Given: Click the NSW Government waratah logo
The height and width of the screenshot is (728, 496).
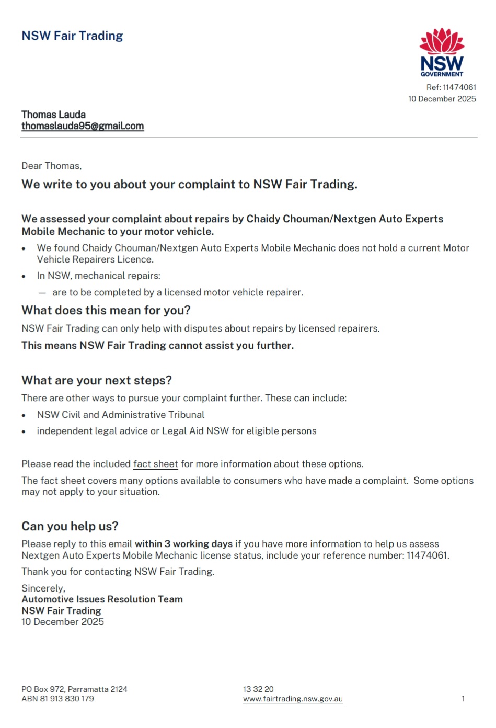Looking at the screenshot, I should pos(442,52).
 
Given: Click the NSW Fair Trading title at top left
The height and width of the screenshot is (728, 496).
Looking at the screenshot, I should pos(72,36).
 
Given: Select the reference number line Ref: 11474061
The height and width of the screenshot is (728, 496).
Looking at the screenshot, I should pos(451,87).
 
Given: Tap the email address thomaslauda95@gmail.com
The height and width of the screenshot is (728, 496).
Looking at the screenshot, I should pos(83,126).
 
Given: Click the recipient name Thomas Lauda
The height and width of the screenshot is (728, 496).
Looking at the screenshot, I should pos(53,115).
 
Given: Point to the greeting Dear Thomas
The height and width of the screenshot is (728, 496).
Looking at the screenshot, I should pos(51,166).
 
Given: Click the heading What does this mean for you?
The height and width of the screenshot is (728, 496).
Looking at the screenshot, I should pos(106,310).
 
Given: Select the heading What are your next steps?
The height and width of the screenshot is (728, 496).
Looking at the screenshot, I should pos(97,380).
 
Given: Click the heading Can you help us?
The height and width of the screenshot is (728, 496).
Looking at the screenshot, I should pos(70,526).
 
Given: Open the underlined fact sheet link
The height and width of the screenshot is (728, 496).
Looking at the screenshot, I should pos(155,464).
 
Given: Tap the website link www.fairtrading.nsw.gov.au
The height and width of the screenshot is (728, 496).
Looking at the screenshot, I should pos(293,699).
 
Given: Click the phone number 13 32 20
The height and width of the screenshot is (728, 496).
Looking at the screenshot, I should pos(258,689).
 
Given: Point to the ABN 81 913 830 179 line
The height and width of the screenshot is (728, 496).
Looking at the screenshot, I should pos(57,699).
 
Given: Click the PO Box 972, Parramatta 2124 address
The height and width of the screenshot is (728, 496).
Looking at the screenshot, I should pos(74,689).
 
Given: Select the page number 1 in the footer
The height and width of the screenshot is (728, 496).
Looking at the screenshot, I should pos(463,699).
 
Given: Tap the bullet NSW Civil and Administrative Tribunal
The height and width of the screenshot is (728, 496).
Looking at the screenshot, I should pos(120,415).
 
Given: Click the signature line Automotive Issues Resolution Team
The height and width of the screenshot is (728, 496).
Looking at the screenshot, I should pos(102,599).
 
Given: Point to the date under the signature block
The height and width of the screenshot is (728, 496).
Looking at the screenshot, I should pos(63,622).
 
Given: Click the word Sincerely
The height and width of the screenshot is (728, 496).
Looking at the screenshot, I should pos(43,588).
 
